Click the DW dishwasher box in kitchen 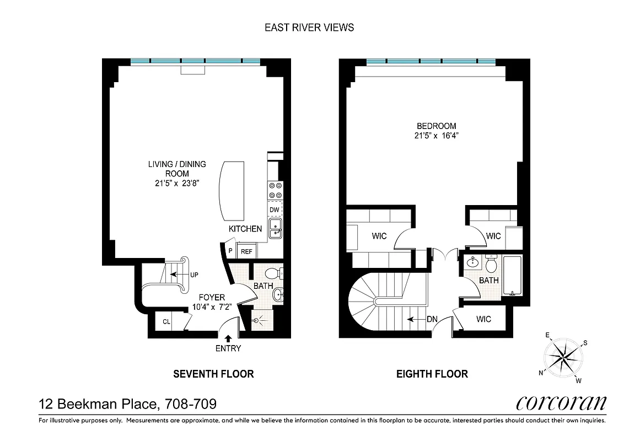coord(274,209)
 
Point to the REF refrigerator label coord(246,251)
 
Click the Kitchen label coord(245,229)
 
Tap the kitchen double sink coord(275,228)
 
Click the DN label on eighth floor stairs coord(432,319)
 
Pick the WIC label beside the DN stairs coord(483,319)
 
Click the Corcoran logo coord(561,403)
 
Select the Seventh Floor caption coord(213,374)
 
